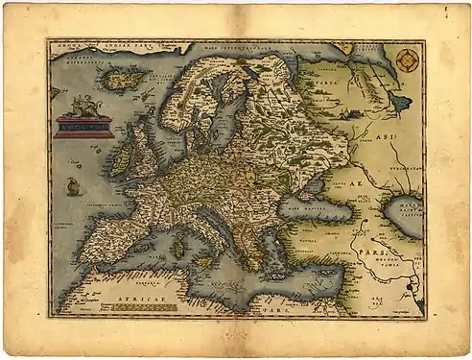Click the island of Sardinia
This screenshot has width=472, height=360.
177,248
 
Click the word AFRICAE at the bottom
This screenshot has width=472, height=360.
134,300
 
